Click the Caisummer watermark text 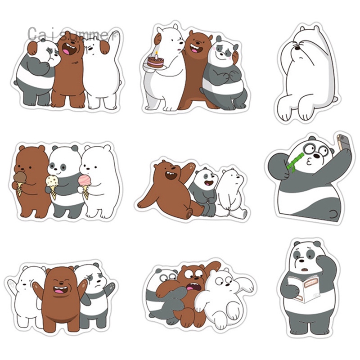[72, 35]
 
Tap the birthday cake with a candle [156, 61]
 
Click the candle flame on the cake [156, 53]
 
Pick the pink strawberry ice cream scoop [85, 180]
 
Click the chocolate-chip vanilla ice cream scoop [52, 181]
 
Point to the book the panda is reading [304, 288]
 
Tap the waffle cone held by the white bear [85, 192]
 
